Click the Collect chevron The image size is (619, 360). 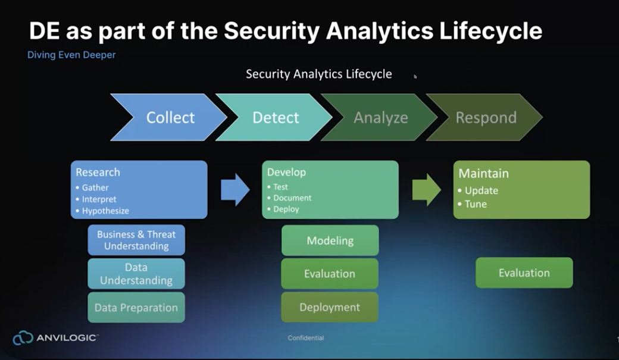click(x=170, y=117)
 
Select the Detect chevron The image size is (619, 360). click(x=276, y=117)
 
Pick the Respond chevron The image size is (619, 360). click(x=486, y=117)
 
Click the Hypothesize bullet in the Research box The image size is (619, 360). click(x=105, y=211)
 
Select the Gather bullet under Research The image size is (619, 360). click(x=95, y=187)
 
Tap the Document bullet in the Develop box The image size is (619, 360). click(x=292, y=198)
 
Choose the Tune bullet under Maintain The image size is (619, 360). click(x=476, y=204)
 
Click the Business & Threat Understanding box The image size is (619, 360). click(x=136, y=240)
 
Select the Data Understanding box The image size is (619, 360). click(x=136, y=274)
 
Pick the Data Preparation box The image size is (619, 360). click(x=136, y=308)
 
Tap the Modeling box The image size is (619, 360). click(x=330, y=240)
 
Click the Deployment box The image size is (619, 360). click(x=330, y=307)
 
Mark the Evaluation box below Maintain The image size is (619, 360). click(x=524, y=273)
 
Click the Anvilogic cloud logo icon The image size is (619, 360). click(x=23, y=338)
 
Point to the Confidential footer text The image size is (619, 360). click(x=306, y=338)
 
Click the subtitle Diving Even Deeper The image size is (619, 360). click(x=71, y=55)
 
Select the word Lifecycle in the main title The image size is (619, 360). click(x=491, y=31)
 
